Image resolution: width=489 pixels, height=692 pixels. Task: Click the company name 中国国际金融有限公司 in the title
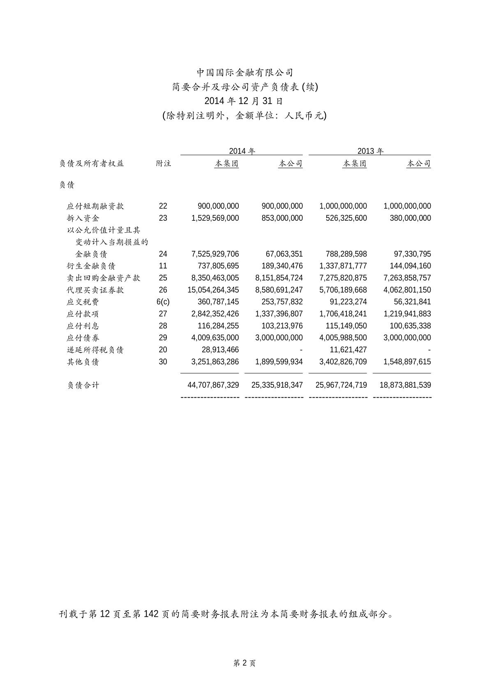pyautogui.click(x=244, y=73)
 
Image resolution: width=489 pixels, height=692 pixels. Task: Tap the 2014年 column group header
pyautogui.click(x=242, y=151)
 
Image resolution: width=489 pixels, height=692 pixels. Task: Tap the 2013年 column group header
pyautogui.click(x=370, y=151)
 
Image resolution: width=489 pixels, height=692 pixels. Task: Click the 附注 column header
pyautogui.click(x=163, y=164)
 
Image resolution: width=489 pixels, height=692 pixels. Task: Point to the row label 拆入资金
pyautogui.click(x=83, y=218)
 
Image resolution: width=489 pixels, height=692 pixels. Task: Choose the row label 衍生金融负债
pyautogui.click(x=91, y=266)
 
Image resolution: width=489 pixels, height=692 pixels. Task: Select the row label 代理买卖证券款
pyautogui.click(x=95, y=290)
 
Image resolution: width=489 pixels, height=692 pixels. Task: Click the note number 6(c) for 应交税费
pyautogui.click(x=163, y=302)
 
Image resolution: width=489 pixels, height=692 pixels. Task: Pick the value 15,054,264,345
pyautogui.click(x=213, y=290)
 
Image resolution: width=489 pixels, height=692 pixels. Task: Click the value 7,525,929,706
pyautogui.click(x=215, y=254)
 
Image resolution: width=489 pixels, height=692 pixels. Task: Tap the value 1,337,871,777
pyautogui.click(x=343, y=266)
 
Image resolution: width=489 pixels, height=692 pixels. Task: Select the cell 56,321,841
pyautogui.click(x=412, y=302)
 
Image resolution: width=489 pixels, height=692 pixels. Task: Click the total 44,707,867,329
pyautogui.click(x=213, y=385)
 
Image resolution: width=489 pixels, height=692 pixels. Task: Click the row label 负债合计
pyautogui.click(x=83, y=385)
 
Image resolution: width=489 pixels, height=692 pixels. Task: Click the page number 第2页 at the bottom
pyautogui.click(x=244, y=663)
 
